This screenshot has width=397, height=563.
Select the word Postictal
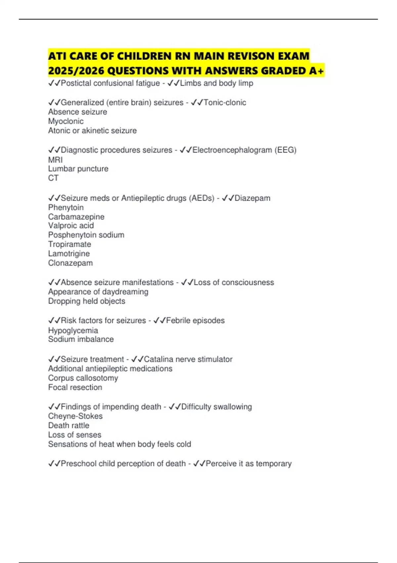point(76,83)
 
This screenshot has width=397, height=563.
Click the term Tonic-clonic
point(225,103)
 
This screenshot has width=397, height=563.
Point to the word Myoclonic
point(66,121)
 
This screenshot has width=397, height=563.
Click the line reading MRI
point(55,160)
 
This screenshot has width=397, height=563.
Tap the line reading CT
point(53,178)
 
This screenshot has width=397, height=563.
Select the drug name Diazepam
point(252,198)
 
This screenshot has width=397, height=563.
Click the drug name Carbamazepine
point(76,217)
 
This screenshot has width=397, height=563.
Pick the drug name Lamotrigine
point(69,254)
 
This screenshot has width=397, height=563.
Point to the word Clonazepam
point(70,263)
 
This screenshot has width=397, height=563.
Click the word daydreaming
point(125,292)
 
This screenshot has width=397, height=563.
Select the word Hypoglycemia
point(73,330)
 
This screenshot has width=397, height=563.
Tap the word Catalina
point(158,359)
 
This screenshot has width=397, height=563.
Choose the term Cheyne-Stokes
point(75,416)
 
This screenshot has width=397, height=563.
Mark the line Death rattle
point(68,425)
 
